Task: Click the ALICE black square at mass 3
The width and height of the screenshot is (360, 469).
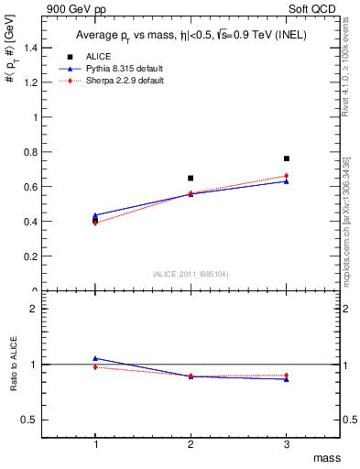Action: [x=287, y=158]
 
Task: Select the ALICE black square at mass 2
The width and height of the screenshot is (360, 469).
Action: [x=191, y=178]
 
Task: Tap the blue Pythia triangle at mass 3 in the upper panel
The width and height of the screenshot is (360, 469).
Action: [x=287, y=181]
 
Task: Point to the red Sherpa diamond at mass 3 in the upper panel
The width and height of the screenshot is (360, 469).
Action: [x=287, y=176]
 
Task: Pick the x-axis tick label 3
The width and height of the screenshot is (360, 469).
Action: [x=287, y=444]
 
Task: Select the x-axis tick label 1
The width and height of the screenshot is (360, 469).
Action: [x=94, y=444]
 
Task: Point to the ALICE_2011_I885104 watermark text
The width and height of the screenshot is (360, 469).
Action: [x=190, y=273]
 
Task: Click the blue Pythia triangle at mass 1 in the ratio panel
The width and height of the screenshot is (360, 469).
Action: [x=94, y=358]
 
